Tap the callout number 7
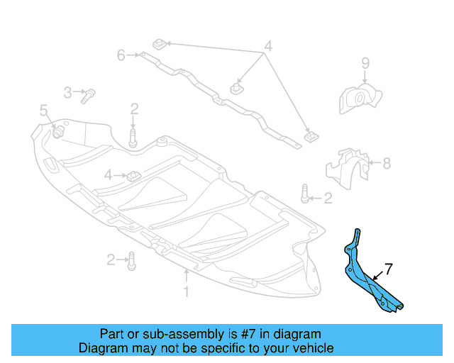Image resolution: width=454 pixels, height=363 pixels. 388,269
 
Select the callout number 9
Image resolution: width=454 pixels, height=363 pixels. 365,64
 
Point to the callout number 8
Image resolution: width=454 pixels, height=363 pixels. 387,164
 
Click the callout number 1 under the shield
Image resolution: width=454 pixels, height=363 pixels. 187,291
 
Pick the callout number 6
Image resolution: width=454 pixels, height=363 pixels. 121,54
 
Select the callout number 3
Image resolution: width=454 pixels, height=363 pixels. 68,92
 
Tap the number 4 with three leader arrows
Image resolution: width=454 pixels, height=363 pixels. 267,48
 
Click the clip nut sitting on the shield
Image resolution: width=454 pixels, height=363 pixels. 132,174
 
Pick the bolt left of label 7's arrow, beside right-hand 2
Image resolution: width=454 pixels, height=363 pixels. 304,193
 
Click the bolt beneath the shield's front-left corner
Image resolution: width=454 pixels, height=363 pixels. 132,261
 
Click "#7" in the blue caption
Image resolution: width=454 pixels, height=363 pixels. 231,334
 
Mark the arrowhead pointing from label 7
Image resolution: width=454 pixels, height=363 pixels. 370,275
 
